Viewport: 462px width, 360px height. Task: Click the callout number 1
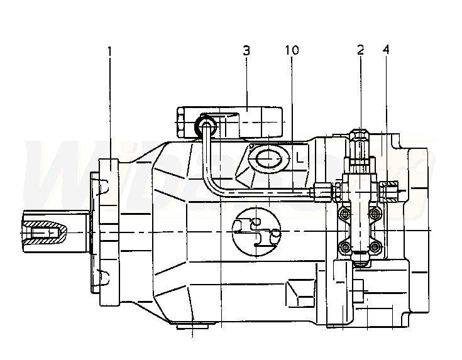109,51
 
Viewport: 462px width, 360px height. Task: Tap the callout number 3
246,50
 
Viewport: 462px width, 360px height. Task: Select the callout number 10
292,50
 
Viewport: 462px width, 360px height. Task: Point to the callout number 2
360,50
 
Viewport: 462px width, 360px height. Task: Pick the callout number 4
386,50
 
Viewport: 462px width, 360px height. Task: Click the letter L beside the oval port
299,158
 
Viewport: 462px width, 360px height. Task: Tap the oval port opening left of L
268,160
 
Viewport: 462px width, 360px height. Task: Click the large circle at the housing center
256,232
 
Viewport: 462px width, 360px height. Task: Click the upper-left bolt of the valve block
344,212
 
